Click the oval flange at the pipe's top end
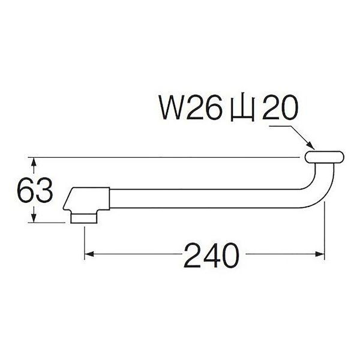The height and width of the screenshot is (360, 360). [323, 158]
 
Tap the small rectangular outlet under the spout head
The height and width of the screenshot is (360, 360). [84, 217]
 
